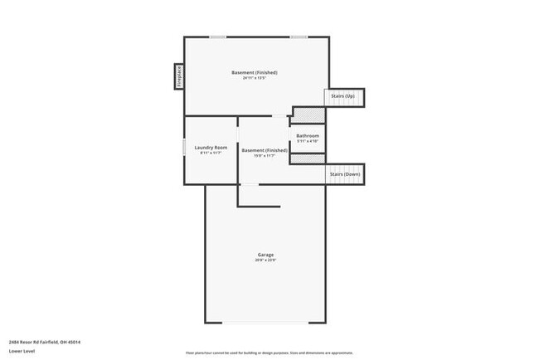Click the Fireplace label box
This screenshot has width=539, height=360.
click(x=177, y=76)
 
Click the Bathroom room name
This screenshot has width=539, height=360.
click(x=308, y=135)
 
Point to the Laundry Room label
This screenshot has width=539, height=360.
click(x=211, y=147)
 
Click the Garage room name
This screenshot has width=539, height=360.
click(x=265, y=255)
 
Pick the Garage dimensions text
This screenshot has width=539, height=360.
click(x=265, y=260)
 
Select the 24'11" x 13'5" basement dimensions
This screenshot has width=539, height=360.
click(x=254, y=78)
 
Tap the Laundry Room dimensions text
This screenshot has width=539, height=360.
click(x=211, y=153)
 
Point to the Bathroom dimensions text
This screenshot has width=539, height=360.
click(x=308, y=141)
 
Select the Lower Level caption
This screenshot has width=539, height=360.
click(x=22, y=351)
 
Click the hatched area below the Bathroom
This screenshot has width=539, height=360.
click(x=304, y=159)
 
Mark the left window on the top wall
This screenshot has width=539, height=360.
click(x=218, y=36)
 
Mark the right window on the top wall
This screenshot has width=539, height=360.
click(x=299, y=36)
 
